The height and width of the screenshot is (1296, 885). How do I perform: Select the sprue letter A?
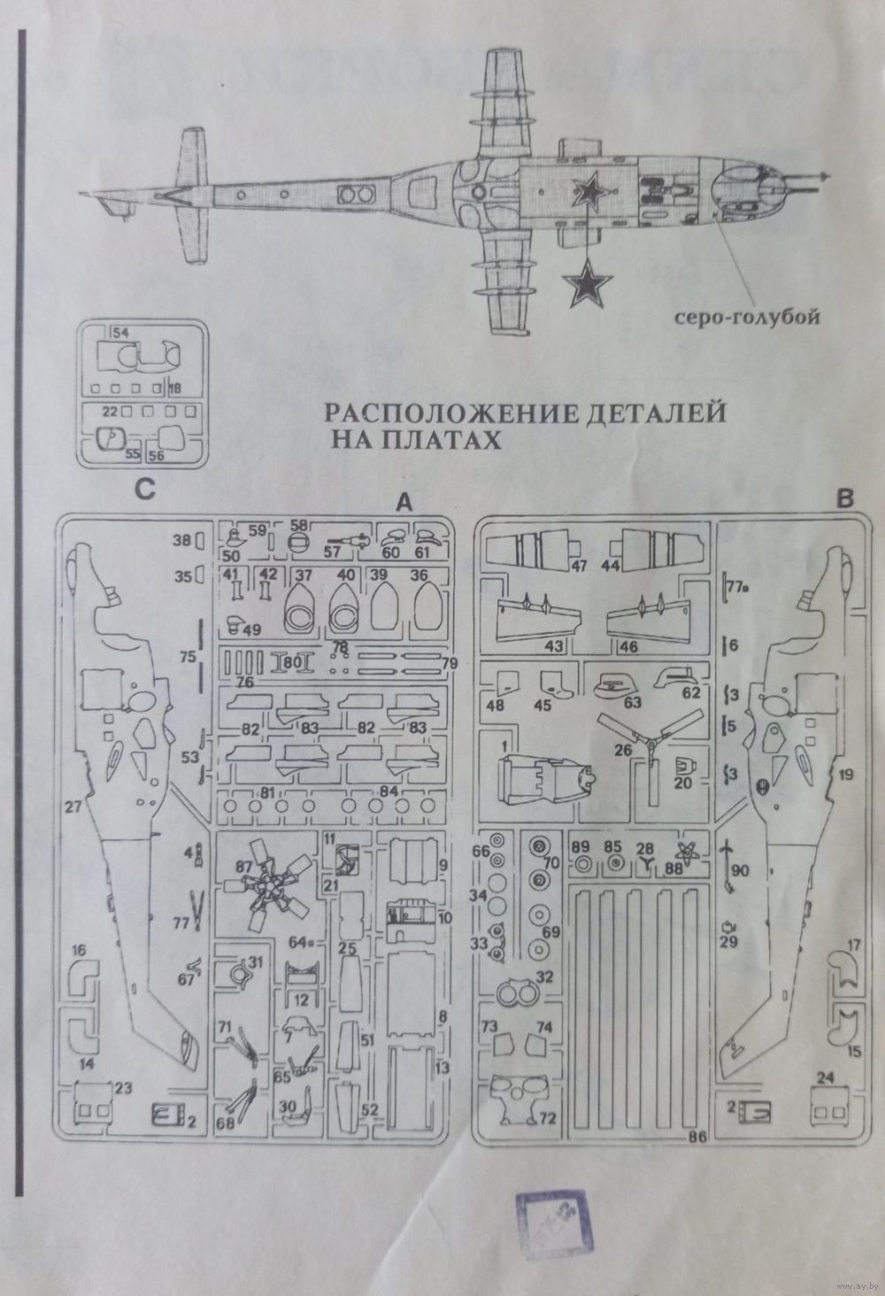pyautogui.click(x=404, y=502)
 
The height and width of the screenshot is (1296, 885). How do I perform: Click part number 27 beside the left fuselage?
pyautogui.click(x=73, y=807)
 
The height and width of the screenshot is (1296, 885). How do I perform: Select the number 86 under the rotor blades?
pyautogui.click(x=696, y=1138)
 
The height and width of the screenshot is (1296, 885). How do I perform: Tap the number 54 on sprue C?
pyautogui.click(x=121, y=332)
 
